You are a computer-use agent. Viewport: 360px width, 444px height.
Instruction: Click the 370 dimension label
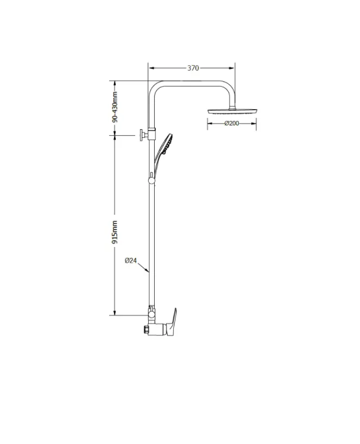(193, 68)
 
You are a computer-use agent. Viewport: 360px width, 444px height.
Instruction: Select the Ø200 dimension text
(232, 123)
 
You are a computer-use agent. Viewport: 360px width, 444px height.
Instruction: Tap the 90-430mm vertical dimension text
(115, 107)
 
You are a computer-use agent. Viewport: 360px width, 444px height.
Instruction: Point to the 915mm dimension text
(115, 232)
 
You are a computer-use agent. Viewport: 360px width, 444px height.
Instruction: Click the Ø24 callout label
(131, 260)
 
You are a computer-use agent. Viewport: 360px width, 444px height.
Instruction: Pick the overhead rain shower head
(232, 111)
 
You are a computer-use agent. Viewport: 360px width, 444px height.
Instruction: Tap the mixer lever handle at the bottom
(172, 323)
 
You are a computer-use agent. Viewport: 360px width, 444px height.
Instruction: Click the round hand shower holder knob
(151, 180)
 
